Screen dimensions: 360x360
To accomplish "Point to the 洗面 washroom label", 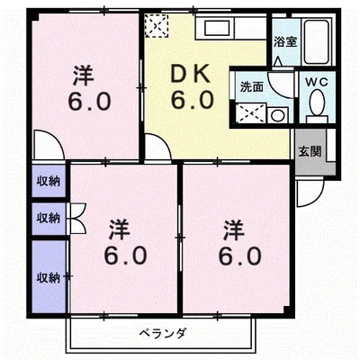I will point(250,87).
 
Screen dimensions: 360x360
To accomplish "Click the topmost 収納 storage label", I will point(48,180).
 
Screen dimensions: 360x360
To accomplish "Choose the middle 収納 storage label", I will point(48,217).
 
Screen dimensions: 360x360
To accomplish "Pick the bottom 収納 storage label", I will point(48,277).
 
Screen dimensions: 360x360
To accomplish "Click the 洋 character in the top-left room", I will point(84,75).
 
